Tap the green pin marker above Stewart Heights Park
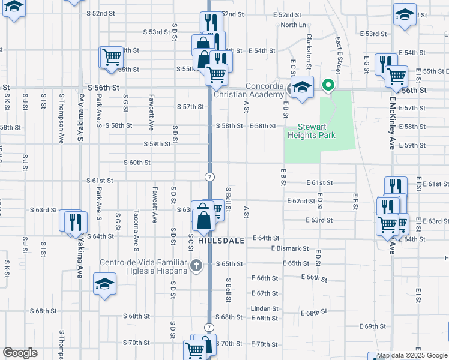[328, 86]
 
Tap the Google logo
[20, 353]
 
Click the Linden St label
[265, 308]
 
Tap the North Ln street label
[293, 25]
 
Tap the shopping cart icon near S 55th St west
[111, 58]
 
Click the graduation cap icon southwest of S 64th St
[104, 283]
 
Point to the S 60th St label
[137, 163]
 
